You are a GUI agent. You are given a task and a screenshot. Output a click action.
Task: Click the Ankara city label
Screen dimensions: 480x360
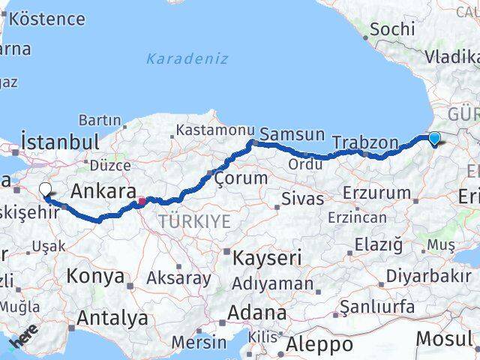[103, 192]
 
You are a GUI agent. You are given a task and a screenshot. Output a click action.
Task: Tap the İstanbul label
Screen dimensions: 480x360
[60, 142]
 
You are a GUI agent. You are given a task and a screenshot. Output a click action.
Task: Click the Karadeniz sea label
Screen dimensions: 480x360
[187, 58]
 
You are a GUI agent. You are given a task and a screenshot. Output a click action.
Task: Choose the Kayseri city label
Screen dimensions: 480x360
[267, 258]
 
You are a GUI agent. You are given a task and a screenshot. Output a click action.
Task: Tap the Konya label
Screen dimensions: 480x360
[95, 276]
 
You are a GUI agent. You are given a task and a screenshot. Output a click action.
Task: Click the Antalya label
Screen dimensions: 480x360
[112, 318]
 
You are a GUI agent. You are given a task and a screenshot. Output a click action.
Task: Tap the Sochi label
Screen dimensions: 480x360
[391, 29]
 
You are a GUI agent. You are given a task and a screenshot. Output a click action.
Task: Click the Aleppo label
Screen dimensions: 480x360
[319, 345]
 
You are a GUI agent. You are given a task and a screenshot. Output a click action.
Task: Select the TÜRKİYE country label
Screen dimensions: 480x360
[194, 220]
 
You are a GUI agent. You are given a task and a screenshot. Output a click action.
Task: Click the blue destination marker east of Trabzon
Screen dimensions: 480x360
[434, 138]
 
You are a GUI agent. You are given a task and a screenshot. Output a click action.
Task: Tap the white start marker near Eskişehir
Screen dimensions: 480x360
[46, 192]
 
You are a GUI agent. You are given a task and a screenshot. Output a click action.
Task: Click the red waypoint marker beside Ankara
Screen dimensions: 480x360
[142, 201]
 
